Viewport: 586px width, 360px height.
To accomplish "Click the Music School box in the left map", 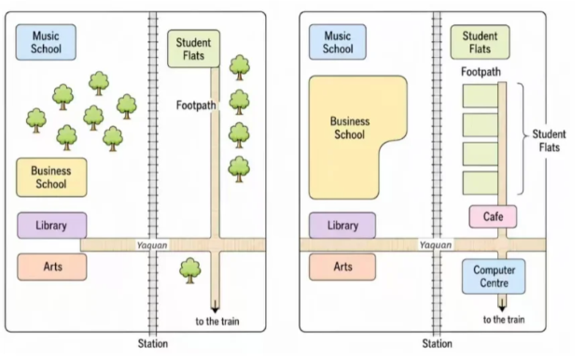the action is click(x=46, y=42).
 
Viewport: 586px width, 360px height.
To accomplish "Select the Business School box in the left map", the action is click(x=51, y=177).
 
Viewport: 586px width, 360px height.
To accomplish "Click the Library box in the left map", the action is click(x=52, y=225).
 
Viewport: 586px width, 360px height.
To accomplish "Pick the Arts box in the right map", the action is click(x=342, y=267).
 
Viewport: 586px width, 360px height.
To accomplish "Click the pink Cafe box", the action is click(x=493, y=216).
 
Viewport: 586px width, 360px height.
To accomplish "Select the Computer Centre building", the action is click(x=494, y=276).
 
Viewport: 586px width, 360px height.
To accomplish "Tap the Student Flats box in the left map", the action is click(x=193, y=48).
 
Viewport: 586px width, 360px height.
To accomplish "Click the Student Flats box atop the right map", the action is click(x=480, y=42).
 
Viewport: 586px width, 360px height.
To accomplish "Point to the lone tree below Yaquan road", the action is click(x=189, y=270).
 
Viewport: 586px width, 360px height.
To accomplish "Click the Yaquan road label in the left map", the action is click(x=152, y=245).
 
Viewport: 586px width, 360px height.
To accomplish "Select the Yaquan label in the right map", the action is click(x=436, y=245).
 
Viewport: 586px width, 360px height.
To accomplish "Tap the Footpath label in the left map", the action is click(x=196, y=105).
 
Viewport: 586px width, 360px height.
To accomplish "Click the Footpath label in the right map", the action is click(x=481, y=72).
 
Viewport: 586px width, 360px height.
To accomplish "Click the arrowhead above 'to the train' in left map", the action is click(x=215, y=309).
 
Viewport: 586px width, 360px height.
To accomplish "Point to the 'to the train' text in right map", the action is click(x=504, y=320).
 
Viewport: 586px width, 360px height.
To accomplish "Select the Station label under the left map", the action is click(x=153, y=343).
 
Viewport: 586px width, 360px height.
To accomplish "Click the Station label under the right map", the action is click(x=438, y=343).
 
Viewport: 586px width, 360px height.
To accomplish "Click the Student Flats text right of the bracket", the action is click(x=549, y=141).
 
